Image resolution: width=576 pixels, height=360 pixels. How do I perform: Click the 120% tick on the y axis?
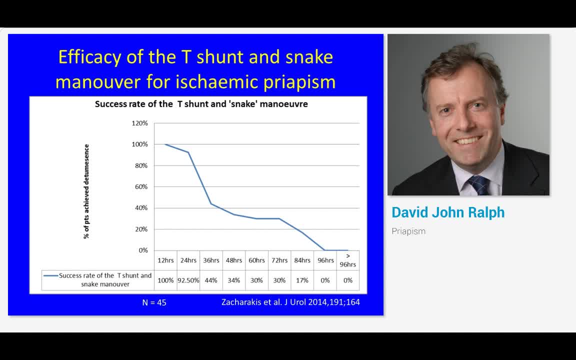coord(139,123)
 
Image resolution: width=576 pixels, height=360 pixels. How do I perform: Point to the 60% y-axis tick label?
coord(140,186)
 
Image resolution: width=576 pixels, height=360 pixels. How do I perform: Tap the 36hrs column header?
coord(211,260)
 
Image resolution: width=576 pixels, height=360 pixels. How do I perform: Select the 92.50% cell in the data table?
coord(188,280)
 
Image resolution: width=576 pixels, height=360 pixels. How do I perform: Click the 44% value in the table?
coord(211,280)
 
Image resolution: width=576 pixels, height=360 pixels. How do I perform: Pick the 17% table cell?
coord(302,280)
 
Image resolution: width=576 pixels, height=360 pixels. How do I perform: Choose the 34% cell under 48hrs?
coord(233,280)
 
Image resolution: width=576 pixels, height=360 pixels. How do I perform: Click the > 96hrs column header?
coord(348,260)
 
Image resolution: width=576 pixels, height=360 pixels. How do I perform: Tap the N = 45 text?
coord(154,302)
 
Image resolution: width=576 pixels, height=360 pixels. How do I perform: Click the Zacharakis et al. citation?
coord(290,302)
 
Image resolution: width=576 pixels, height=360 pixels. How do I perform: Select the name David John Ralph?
coord(448,212)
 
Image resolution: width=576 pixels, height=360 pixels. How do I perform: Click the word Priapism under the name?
coord(408,231)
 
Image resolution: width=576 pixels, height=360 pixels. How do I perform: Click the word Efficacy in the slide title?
coord(89,57)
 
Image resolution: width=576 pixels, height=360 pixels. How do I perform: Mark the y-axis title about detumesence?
coord(86,191)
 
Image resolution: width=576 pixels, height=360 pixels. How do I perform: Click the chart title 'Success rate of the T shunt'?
coord(201,104)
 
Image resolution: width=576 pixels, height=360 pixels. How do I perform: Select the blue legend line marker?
coord(50,275)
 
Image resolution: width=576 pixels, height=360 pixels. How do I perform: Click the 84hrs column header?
coord(302,260)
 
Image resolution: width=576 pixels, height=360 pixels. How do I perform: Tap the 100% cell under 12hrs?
coord(165,280)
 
